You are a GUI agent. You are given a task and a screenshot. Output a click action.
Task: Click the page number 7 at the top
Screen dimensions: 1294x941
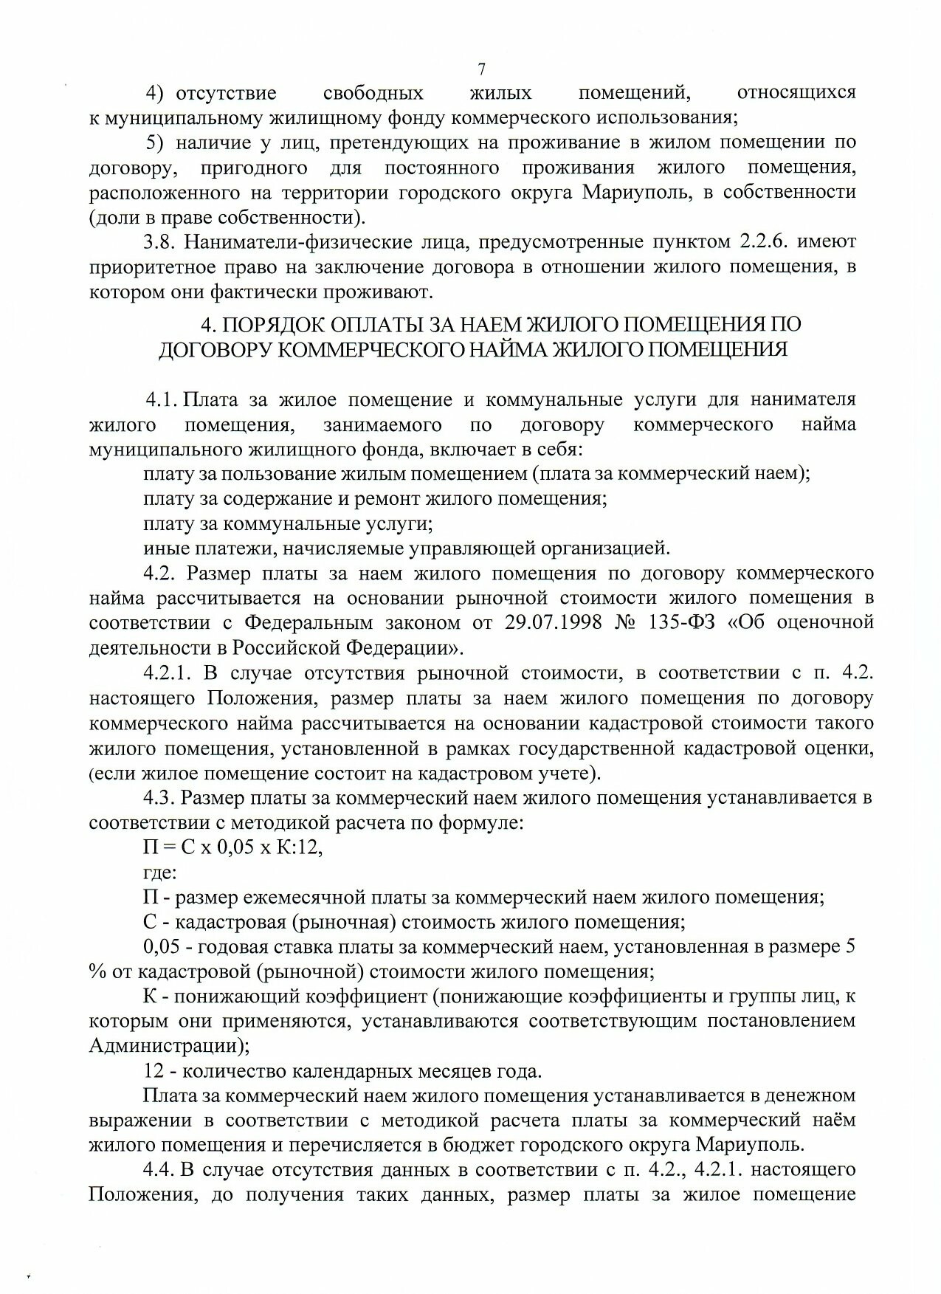click(481, 69)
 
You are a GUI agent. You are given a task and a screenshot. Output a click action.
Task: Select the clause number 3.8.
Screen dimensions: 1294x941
click(158, 242)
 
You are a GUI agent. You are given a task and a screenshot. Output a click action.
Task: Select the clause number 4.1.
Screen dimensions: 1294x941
click(160, 400)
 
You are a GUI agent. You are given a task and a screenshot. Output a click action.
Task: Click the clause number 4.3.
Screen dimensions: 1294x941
click(158, 798)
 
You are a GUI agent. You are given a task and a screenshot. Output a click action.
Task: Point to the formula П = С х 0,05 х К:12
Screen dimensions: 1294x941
click(232, 847)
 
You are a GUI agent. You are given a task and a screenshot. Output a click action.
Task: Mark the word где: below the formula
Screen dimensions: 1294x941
click(159, 873)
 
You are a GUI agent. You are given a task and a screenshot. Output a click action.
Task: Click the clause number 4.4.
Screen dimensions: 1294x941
click(158, 1170)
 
